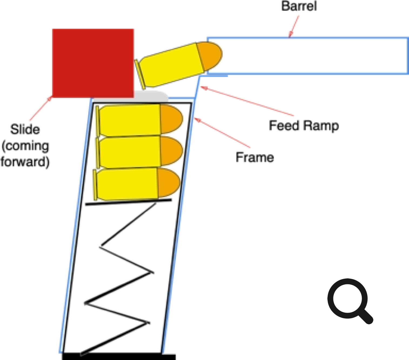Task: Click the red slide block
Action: click(x=93, y=63)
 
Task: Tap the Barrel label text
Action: click(x=299, y=6)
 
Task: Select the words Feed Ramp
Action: click(x=304, y=126)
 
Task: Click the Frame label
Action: click(x=255, y=157)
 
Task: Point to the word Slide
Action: click(x=25, y=129)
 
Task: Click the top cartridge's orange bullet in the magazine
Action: click(x=171, y=119)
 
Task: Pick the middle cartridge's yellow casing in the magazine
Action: click(x=130, y=152)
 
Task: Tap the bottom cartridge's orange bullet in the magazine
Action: click(x=168, y=182)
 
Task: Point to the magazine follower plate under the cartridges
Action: click(x=128, y=202)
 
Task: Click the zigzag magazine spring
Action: click(x=119, y=278)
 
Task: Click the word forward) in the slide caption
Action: click(x=25, y=162)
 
